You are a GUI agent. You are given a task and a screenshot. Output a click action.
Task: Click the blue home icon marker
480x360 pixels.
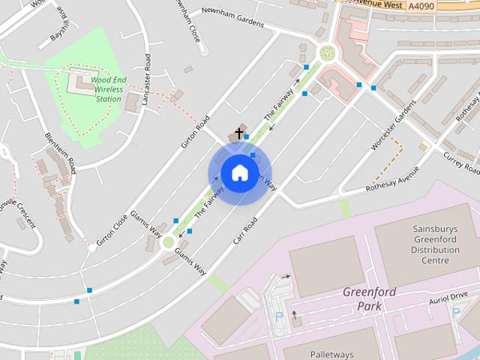tap(239, 173)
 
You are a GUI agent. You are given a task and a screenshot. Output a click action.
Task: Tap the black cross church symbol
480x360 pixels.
tap(239, 133)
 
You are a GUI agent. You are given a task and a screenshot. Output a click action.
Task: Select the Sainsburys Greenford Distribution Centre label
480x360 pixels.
tap(435, 244)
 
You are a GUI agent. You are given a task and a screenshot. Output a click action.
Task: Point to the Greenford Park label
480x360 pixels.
tap(372, 298)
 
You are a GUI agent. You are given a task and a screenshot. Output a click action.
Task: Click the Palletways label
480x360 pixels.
tap(333, 352)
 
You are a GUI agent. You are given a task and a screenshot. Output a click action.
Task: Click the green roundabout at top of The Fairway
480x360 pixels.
tap(327, 52)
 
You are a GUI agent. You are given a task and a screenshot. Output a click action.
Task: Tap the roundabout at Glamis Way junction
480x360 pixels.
tap(169, 242)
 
